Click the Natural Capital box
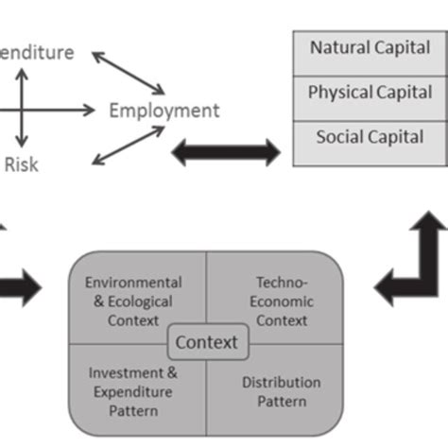[x=369, y=46]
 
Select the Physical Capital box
[x=369, y=93]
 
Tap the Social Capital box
[x=369, y=138]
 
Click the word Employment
[x=164, y=111]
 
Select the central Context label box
[x=207, y=341]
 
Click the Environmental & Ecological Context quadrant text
[x=133, y=302]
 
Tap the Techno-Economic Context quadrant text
[x=282, y=302]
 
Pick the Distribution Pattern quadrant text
[x=282, y=392]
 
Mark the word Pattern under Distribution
[x=282, y=402]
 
